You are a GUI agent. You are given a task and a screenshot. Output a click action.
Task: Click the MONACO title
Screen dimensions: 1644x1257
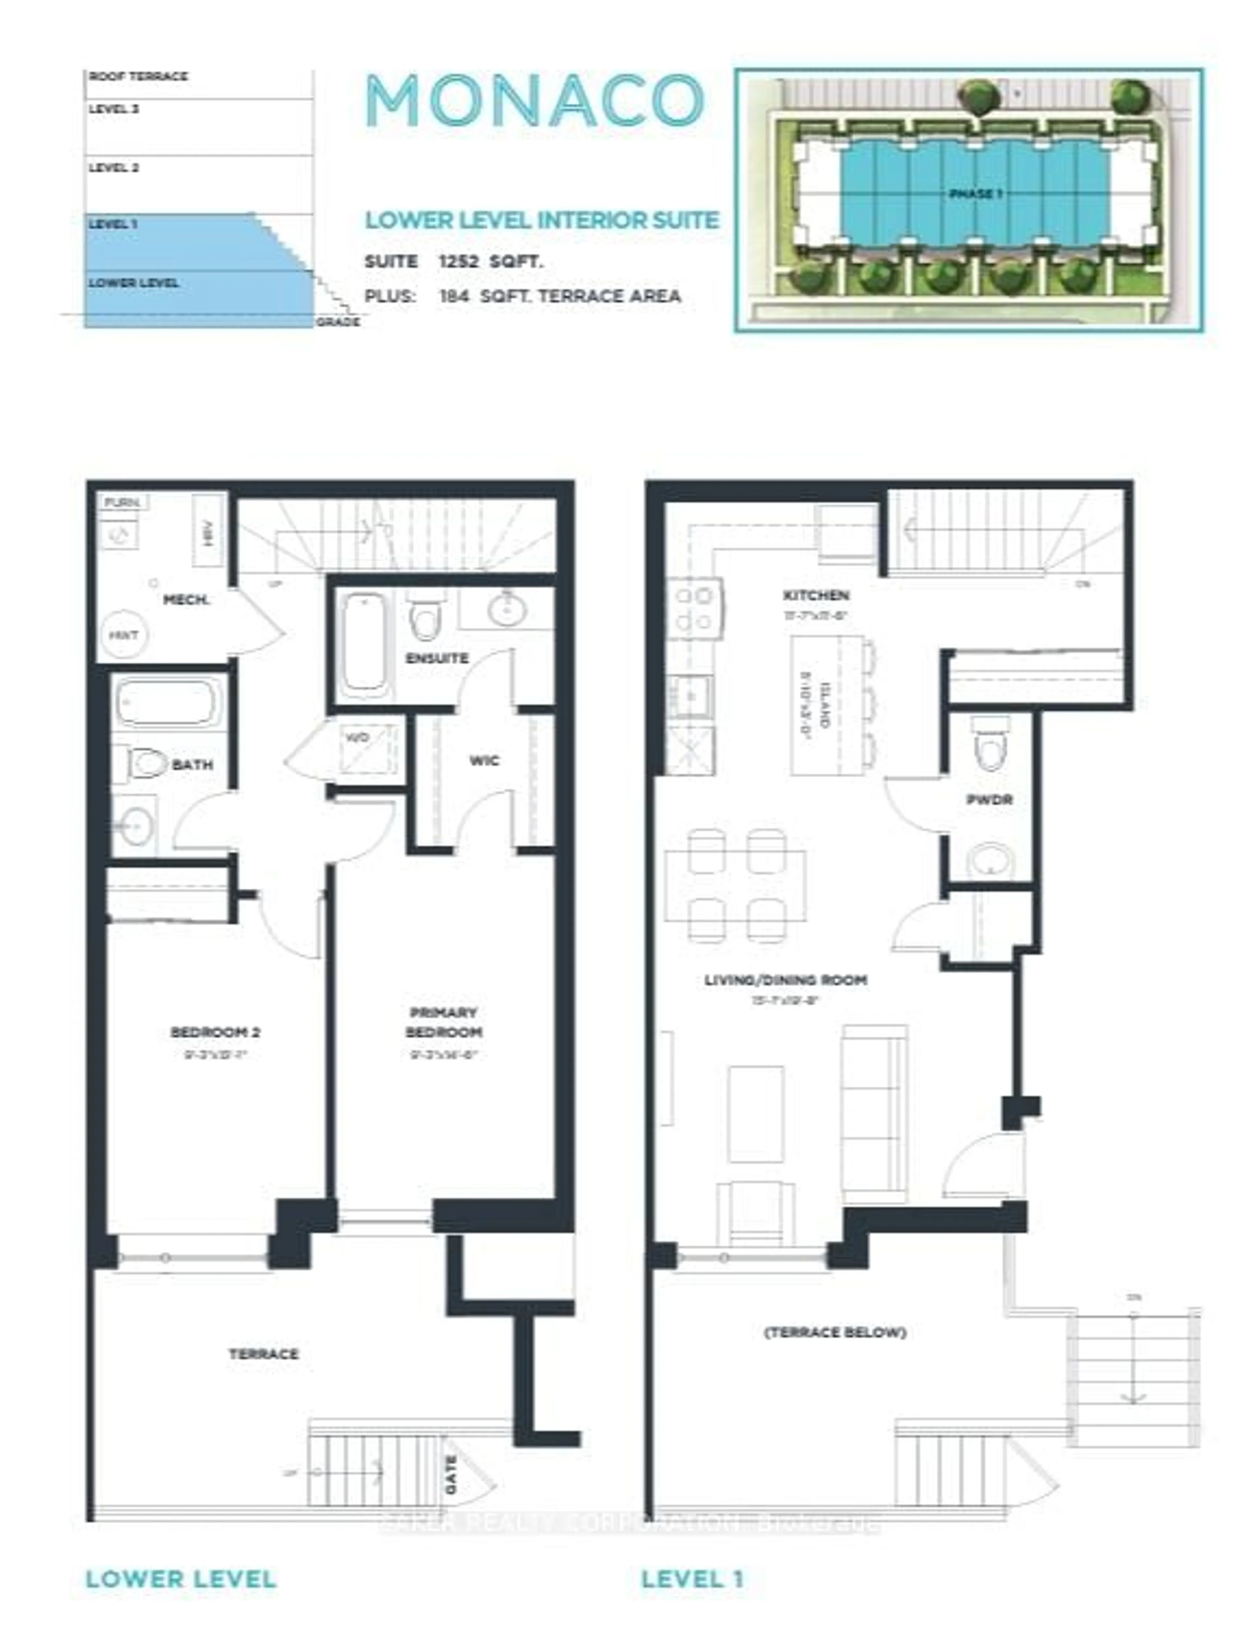534,101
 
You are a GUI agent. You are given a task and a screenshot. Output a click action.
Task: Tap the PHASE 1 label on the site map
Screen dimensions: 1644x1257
975,194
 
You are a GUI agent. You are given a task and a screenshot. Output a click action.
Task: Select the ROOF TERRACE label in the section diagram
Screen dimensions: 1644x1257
138,76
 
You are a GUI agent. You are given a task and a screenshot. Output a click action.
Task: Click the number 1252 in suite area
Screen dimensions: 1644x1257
458,262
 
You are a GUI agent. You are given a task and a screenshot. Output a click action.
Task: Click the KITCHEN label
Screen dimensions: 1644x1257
815,595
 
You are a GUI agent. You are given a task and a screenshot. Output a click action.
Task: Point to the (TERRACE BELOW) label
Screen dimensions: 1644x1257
835,1332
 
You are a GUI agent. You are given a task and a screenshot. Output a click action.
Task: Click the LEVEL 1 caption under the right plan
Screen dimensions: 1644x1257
692,1579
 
